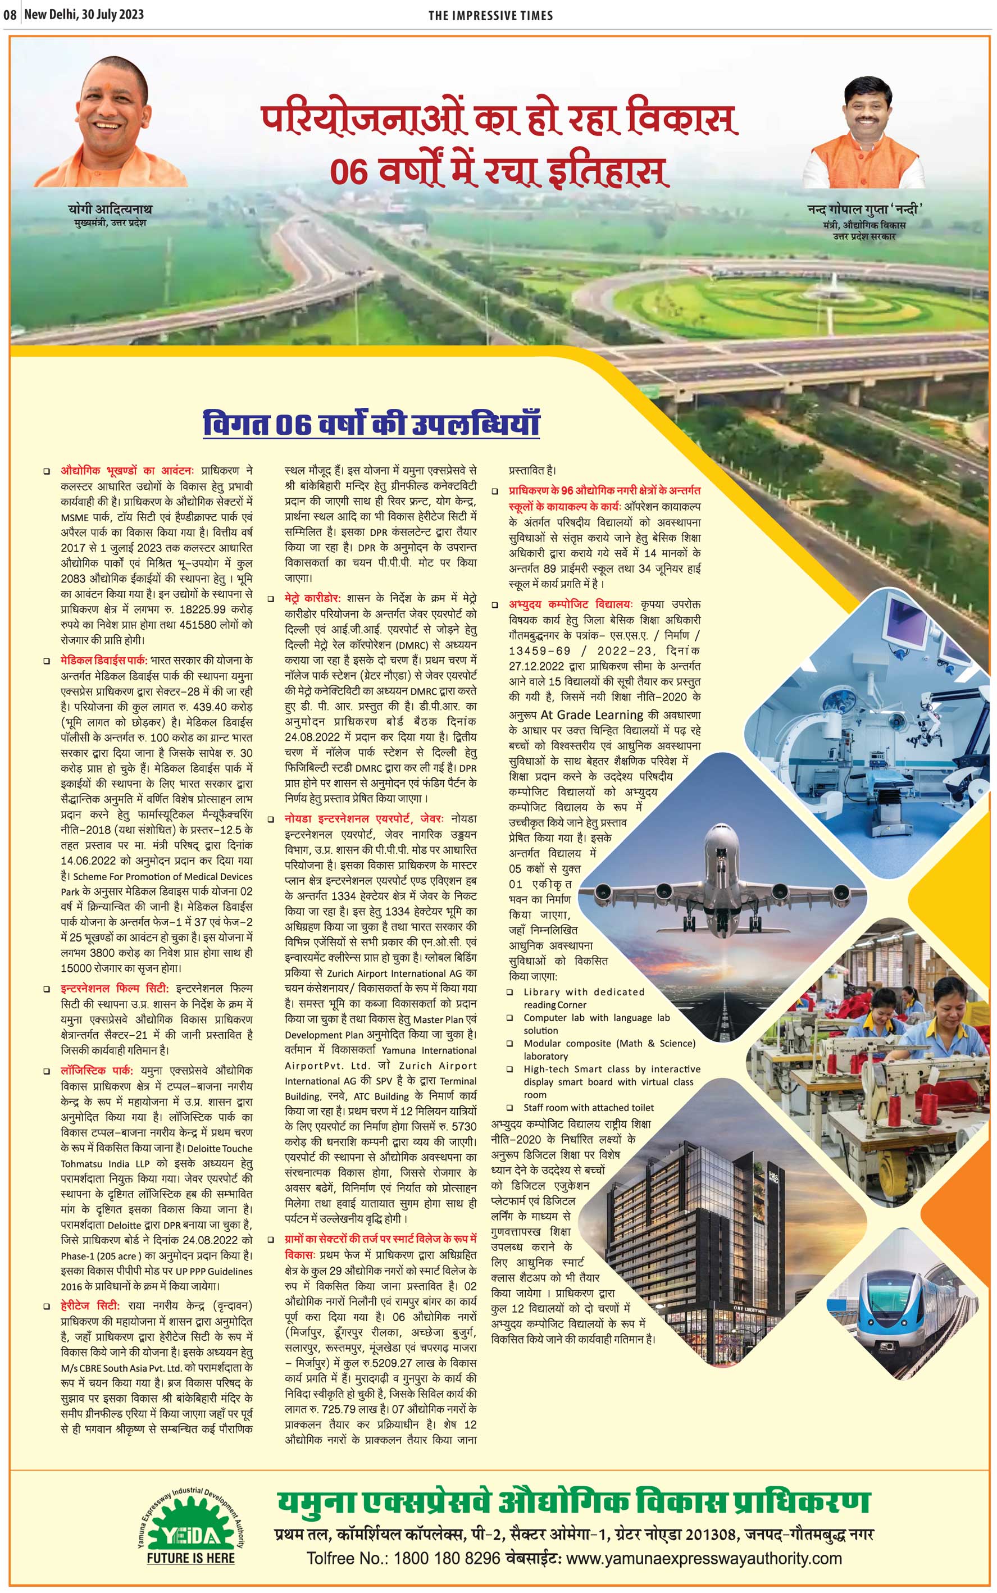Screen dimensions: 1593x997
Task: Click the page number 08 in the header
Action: (10, 15)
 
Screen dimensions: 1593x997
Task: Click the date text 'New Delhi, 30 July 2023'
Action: (84, 15)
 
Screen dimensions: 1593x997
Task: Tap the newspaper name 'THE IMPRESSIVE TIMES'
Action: (490, 16)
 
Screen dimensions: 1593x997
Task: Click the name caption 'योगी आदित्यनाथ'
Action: (110, 209)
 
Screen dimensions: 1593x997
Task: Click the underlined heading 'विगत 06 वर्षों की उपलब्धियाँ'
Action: (371, 424)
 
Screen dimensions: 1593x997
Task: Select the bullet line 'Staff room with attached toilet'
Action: (588, 1107)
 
